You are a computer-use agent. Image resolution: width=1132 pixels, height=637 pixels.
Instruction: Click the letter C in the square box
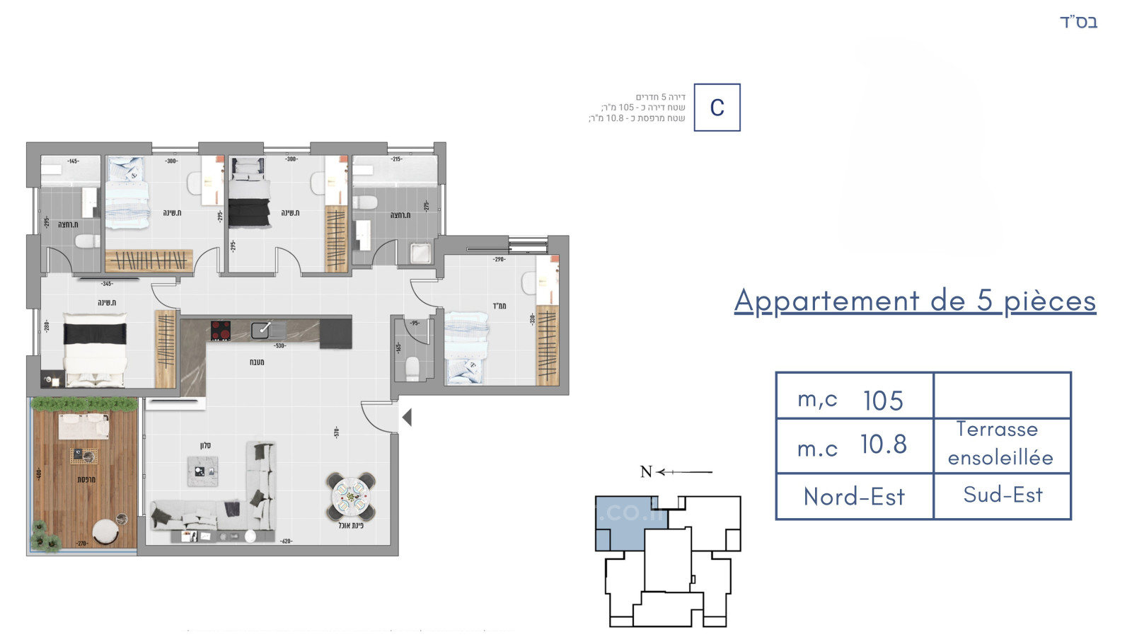point(717,108)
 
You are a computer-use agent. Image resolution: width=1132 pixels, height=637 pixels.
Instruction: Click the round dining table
point(352,496)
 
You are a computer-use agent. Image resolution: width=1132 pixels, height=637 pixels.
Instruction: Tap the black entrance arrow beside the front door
point(407,418)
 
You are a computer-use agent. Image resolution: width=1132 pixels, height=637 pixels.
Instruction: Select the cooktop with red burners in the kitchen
point(221,331)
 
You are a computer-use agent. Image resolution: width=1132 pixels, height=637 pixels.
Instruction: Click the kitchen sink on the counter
point(261,329)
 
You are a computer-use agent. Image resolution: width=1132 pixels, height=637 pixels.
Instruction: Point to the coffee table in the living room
point(203,471)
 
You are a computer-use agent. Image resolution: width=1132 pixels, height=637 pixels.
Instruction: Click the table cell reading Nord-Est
point(854,496)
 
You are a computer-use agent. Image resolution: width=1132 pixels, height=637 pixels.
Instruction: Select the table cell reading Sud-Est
point(1003,495)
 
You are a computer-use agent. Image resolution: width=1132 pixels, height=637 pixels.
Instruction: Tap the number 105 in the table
point(882,401)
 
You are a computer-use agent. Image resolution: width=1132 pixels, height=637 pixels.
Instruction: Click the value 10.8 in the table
point(883,444)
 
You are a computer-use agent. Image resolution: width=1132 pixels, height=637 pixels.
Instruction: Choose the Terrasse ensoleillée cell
point(1000,444)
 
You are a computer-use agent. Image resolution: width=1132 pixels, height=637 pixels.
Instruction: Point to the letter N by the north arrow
point(645,472)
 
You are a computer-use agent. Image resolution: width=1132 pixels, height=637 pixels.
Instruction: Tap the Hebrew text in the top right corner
point(1078,22)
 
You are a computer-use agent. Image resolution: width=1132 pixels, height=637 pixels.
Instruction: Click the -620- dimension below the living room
point(286,541)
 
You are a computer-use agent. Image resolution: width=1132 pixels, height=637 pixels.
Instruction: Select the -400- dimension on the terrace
point(39,473)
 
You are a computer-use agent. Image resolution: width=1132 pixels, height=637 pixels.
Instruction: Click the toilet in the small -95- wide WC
point(412,369)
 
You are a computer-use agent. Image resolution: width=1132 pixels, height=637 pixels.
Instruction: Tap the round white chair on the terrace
point(106,532)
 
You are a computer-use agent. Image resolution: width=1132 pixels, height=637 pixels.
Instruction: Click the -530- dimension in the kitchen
point(279,346)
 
